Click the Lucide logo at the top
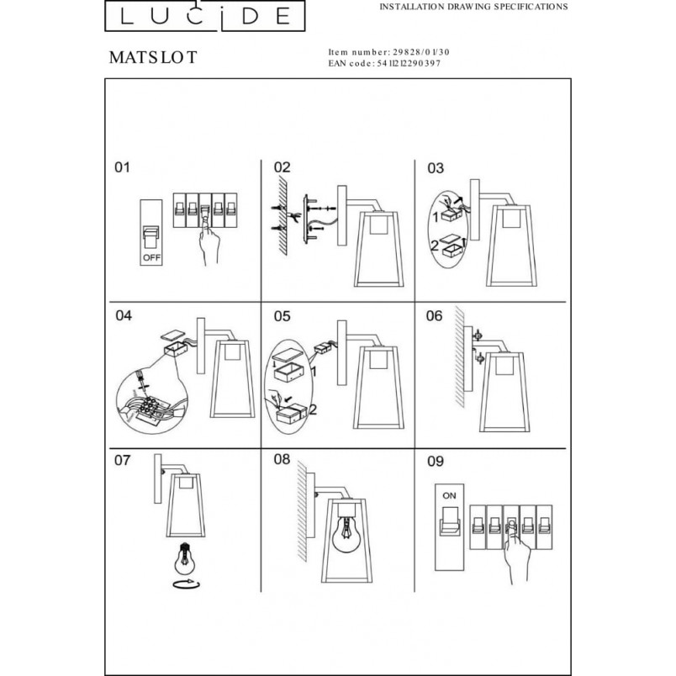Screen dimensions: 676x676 pyautogui.click(x=205, y=15)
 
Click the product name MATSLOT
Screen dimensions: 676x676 pyautogui.click(x=153, y=57)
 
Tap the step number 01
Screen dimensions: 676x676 pyautogui.click(x=122, y=166)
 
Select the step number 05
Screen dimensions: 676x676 pyautogui.click(x=283, y=316)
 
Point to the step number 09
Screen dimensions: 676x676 pyautogui.click(x=436, y=462)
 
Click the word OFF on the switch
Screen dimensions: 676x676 pyautogui.click(x=151, y=257)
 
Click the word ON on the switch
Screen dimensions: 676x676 pyautogui.click(x=449, y=496)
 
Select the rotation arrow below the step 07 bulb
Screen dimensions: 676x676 pyautogui.click(x=186, y=584)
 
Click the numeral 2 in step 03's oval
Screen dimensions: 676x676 pyautogui.click(x=435, y=246)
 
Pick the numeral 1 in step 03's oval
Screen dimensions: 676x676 pyautogui.click(x=436, y=217)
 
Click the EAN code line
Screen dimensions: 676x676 pyautogui.click(x=384, y=63)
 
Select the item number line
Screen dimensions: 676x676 pyautogui.click(x=389, y=52)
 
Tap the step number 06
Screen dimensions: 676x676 pyautogui.click(x=434, y=315)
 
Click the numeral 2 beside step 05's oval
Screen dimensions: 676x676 pyautogui.click(x=313, y=409)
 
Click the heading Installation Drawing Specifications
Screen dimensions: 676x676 pyautogui.click(x=473, y=7)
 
